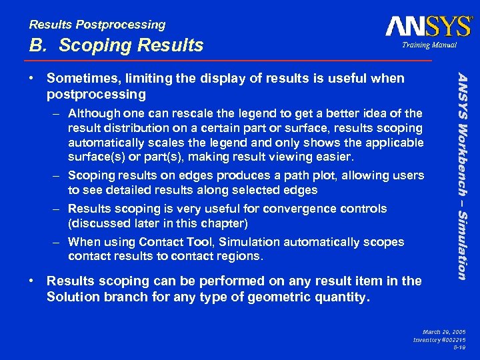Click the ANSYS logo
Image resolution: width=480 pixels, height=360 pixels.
pos(428,26)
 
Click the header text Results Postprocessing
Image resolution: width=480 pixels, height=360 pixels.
pos(97,25)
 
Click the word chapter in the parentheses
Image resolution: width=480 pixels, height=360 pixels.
pos(225,223)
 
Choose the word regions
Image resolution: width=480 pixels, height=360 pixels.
pos(241,256)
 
